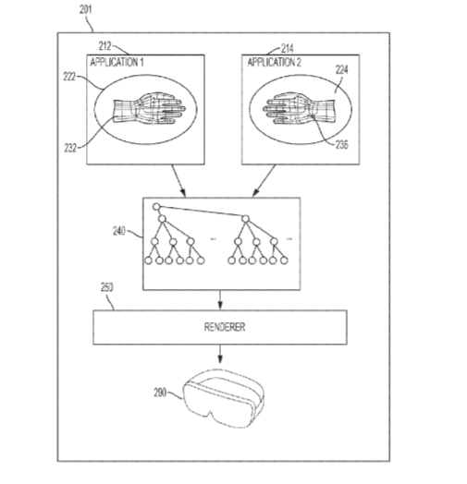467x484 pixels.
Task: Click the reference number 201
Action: (x=86, y=9)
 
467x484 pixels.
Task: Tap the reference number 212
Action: (x=104, y=46)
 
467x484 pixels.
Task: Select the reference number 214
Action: (x=288, y=48)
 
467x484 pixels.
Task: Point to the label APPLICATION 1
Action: (x=117, y=63)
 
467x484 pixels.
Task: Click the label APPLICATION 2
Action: (x=274, y=63)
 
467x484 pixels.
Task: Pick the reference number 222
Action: (x=69, y=77)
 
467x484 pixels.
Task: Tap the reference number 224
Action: (x=342, y=70)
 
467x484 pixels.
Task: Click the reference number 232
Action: (x=70, y=148)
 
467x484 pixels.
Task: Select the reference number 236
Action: (x=342, y=144)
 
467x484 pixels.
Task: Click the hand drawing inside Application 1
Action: (x=149, y=108)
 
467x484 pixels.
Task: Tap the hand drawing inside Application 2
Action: (x=299, y=108)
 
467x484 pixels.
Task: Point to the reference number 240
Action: (x=119, y=231)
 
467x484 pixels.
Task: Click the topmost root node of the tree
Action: (x=156, y=207)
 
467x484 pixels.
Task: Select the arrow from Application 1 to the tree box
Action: (x=178, y=180)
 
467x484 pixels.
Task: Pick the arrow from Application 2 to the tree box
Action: (x=264, y=180)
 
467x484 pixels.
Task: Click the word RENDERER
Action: (x=225, y=327)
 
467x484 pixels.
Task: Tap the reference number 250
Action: (x=107, y=287)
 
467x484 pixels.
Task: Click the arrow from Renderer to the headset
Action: (x=220, y=354)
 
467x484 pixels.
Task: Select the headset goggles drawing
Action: (x=224, y=398)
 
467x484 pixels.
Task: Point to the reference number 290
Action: (x=160, y=393)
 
